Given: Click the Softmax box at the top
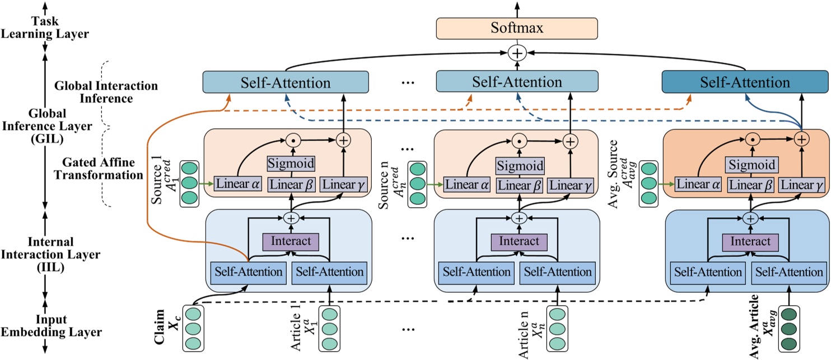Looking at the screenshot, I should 517,27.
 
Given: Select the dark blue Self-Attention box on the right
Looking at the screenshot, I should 745,82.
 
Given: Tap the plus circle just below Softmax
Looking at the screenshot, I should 517,53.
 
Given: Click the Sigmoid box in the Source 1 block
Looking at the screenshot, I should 290,165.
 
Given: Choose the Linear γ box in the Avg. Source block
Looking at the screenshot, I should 801,185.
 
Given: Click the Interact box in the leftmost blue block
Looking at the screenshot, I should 290,242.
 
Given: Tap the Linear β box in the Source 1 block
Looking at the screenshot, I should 290,185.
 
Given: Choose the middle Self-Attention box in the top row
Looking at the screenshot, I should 517,82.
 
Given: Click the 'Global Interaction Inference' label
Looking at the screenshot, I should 106,92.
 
